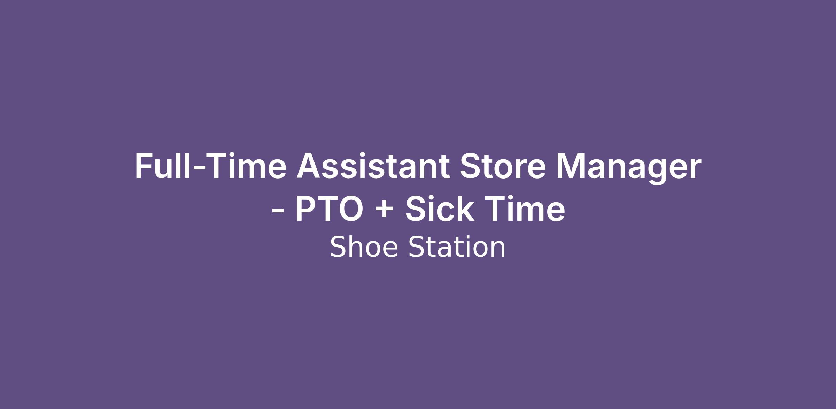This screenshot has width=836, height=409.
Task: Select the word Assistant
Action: click(373, 166)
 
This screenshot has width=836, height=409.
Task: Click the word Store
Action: click(503, 166)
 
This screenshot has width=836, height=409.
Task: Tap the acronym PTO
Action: click(329, 209)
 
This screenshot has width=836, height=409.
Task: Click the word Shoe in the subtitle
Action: click(364, 247)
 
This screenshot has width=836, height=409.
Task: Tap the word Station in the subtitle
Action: click(457, 247)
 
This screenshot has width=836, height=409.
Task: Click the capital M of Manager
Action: click(571, 166)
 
